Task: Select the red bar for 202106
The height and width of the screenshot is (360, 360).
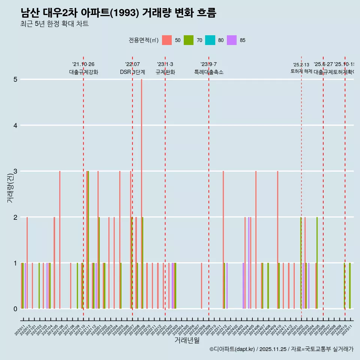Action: [x=60, y=240]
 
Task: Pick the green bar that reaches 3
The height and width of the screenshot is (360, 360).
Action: [x=88, y=240]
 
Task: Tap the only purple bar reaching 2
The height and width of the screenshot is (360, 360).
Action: [x=249, y=262]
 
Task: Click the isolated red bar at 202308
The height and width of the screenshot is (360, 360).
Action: [x=201, y=286]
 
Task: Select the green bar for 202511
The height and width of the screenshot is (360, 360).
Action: [x=350, y=286]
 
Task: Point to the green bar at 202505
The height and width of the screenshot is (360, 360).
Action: [x=317, y=262]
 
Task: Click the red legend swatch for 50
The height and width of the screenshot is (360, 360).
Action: [x=167, y=40]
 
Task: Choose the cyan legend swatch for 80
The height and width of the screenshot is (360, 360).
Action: [x=210, y=40]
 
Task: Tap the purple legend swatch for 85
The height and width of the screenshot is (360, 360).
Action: [x=232, y=40]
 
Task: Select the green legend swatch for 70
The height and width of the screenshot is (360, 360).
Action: [x=189, y=40]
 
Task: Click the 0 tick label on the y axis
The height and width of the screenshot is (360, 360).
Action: [x=15, y=309]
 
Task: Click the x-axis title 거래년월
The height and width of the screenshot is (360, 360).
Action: [x=187, y=340]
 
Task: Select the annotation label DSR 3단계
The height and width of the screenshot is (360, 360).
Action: [x=132, y=72]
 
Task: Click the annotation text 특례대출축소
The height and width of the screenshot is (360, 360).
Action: [x=208, y=72]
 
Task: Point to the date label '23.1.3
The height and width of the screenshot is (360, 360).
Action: [x=165, y=64]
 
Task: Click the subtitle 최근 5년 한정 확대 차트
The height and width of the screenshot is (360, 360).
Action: [x=54, y=24]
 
